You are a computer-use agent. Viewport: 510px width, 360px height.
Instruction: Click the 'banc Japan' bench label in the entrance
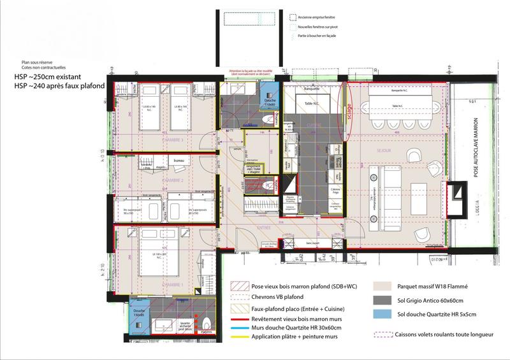tap(312, 243)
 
